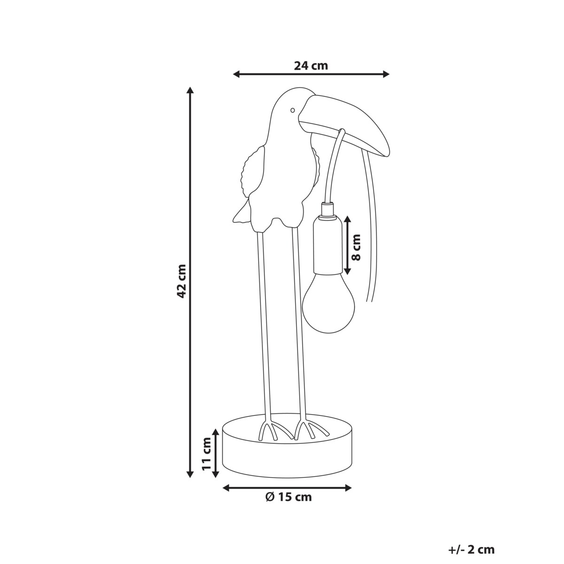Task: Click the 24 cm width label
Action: [311, 65]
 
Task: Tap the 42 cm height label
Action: [182, 281]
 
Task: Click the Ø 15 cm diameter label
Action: [288, 497]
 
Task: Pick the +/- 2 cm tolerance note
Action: [471, 549]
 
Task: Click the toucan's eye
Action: [292, 110]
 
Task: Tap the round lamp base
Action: [288, 454]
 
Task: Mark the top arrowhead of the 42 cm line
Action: [190, 90]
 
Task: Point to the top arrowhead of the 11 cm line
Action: [215, 431]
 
